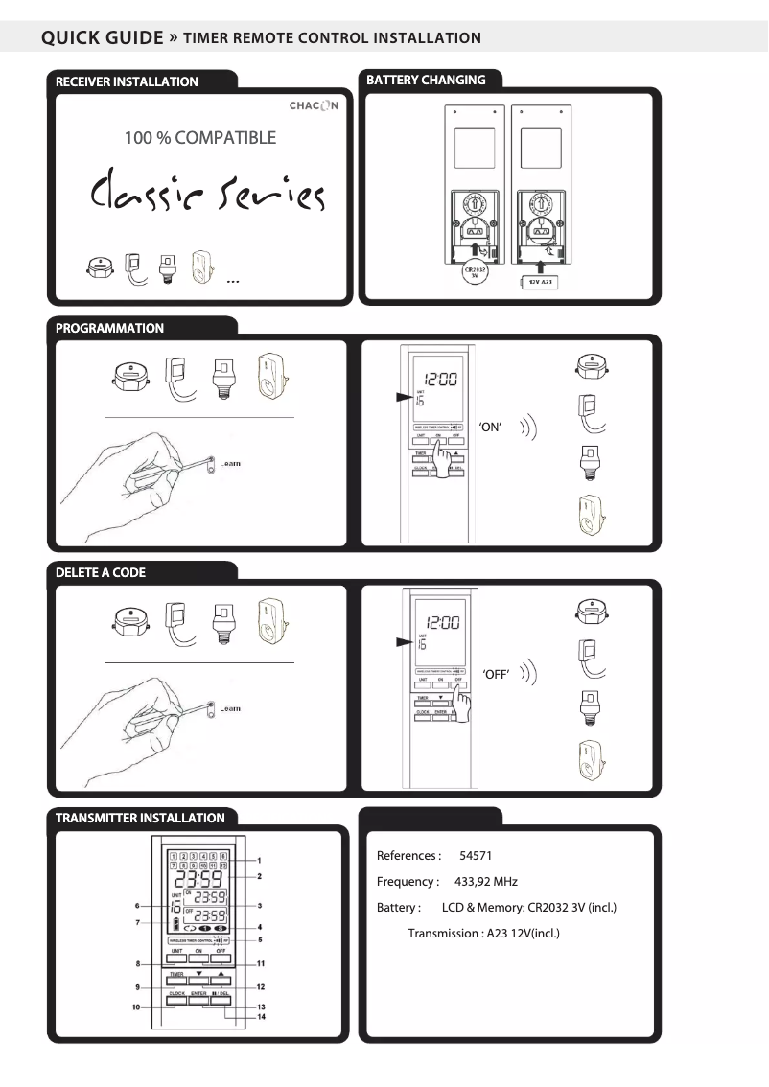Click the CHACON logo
click(x=314, y=104)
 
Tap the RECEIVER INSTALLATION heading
click(x=127, y=81)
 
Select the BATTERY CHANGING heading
click(x=426, y=80)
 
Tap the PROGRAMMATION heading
click(x=109, y=328)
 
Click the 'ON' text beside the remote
click(x=490, y=428)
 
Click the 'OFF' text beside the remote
click(x=494, y=675)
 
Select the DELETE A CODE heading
click(x=101, y=572)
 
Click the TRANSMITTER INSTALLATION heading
click(x=140, y=818)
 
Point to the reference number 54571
click(x=476, y=856)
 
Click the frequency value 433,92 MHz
click(x=485, y=882)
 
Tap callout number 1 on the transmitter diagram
click(x=259, y=860)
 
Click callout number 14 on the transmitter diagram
click(x=261, y=1017)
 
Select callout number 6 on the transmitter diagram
click(x=138, y=905)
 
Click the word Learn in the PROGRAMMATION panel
click(x=230, y=463)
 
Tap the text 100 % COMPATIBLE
click(x=199, y=138)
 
